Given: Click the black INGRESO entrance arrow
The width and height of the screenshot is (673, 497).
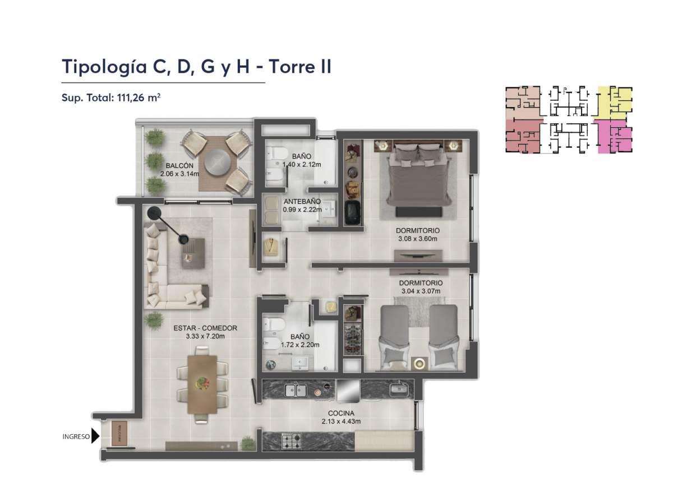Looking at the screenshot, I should tap(95, 436).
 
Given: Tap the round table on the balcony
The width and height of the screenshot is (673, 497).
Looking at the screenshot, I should tap(216, 162).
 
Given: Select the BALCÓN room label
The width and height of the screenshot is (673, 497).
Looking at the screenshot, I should tap(179, 166).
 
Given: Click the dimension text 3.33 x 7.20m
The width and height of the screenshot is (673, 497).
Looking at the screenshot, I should tap(205, 337).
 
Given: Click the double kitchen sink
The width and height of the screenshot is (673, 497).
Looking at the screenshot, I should tap(295, 390).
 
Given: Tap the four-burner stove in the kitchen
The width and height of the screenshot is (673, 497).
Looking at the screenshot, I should tap(291, 441).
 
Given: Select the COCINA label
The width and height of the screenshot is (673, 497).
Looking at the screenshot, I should tap(340, 413).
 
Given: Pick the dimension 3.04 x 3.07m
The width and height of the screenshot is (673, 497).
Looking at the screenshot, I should tap(421, 291).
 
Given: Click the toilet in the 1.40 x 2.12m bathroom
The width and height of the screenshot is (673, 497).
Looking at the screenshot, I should tap(275, 155).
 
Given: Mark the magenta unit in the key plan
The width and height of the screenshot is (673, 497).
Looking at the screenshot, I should tap(615, 137).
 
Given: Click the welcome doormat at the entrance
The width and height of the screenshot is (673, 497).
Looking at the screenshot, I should tap(119, 434).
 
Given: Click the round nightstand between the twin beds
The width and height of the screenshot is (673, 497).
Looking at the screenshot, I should tap(418, 363).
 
